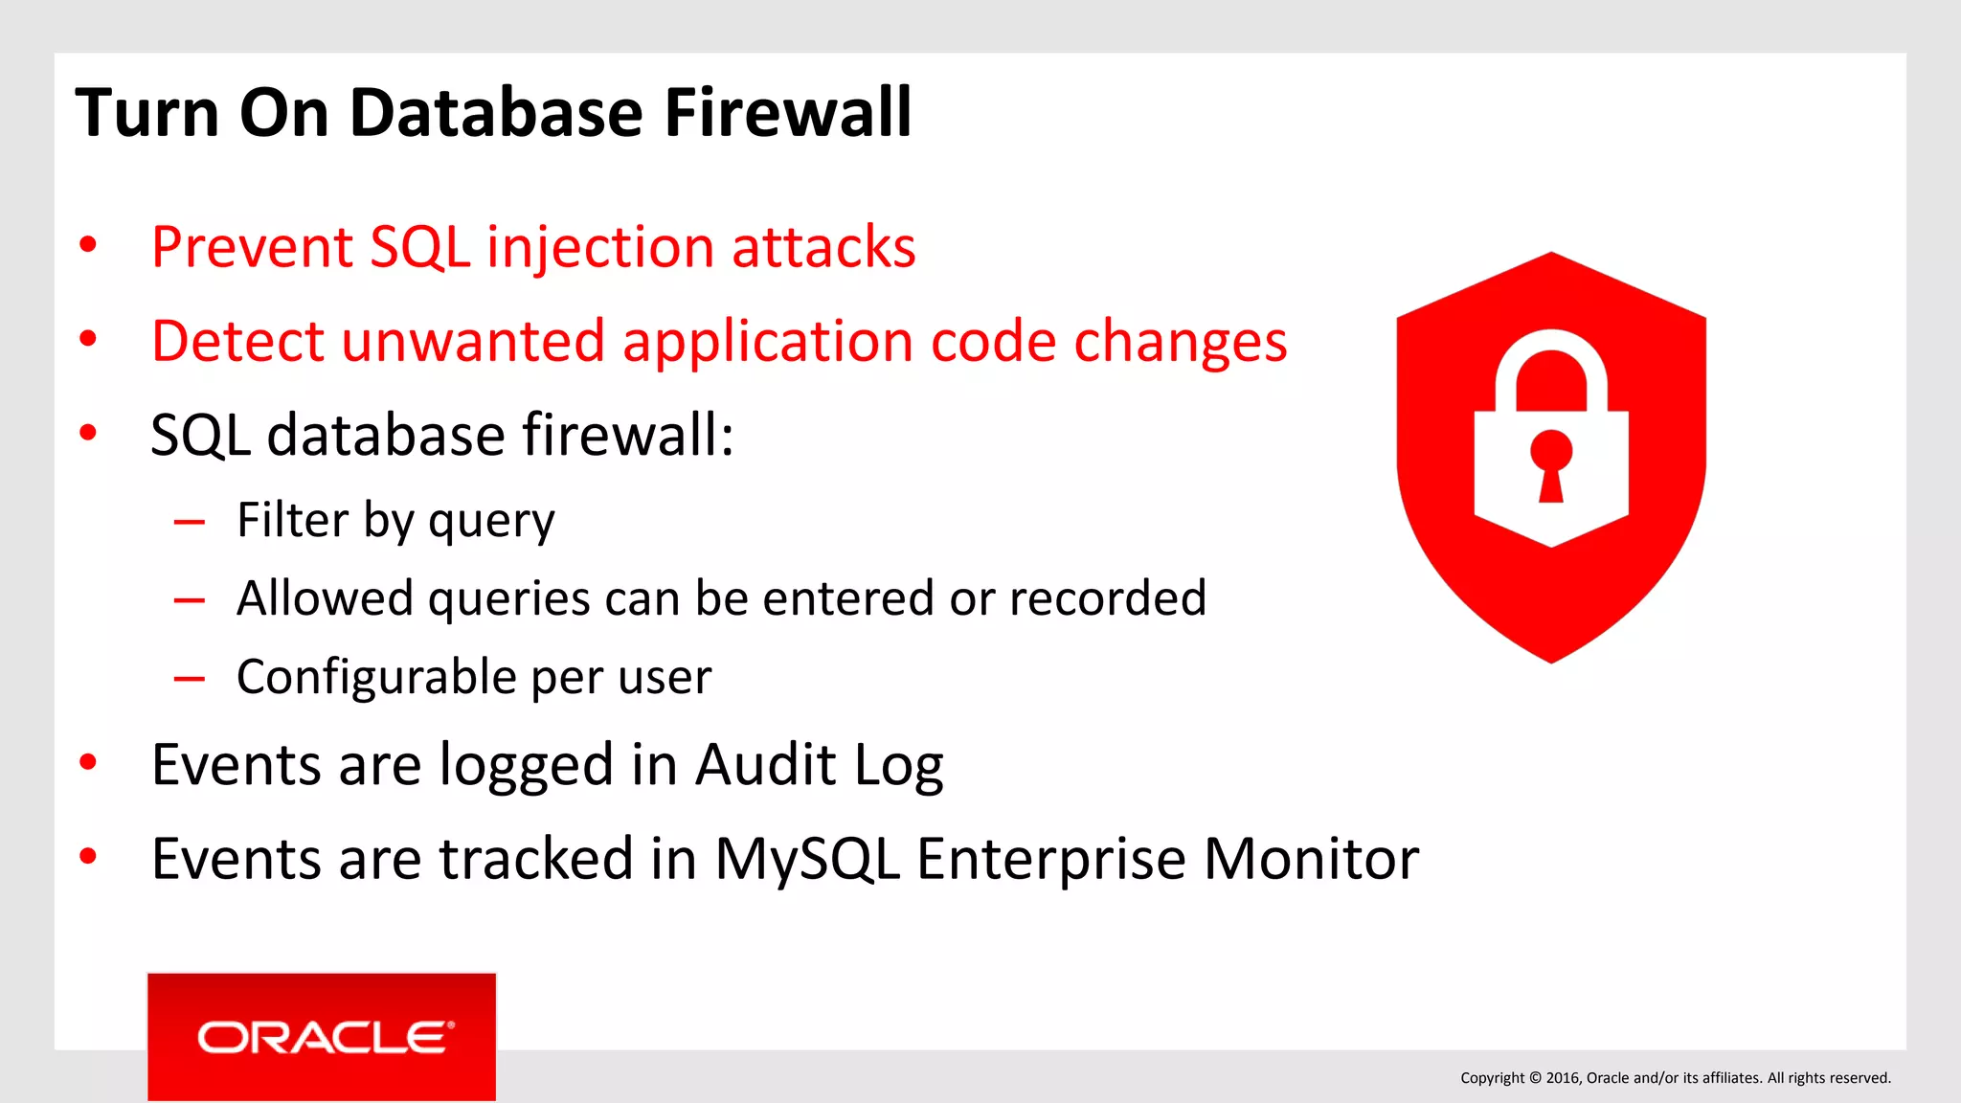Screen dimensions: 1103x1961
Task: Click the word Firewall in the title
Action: pyautogui.click(x=787, y=113)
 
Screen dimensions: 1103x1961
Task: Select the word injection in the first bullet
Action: pyautogui.click(x=600, y=247)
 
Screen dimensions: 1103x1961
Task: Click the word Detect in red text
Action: pyautogui.click(x=237, y=341)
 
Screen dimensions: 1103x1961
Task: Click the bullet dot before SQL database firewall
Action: pyautogui.click(x=88, y=434)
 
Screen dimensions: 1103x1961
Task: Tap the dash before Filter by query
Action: pyautogui.click(x=190, y=523)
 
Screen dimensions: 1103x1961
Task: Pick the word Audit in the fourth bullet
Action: pyautogui.click(x=766, y=765)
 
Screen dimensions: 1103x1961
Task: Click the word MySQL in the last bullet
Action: pyautogui.click(x=806, y=859)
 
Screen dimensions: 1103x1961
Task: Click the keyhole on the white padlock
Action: pyautogui.click(x=1551, y=463)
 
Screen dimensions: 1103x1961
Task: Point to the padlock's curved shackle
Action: pyautogui.click(x=1551, y=364)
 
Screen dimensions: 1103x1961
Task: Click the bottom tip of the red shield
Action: pyautogui.click(x=1551, y=659)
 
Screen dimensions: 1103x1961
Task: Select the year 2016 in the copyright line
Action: pyautogui.click(x=1562, y=1078)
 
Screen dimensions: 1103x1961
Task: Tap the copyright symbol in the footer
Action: pyautogui.click(x=1535, y=1078)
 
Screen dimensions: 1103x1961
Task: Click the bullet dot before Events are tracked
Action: pyautogui.click(x=88, y=856)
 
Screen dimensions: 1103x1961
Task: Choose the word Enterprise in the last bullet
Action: pyautogui.click(x=1050, y=859)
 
